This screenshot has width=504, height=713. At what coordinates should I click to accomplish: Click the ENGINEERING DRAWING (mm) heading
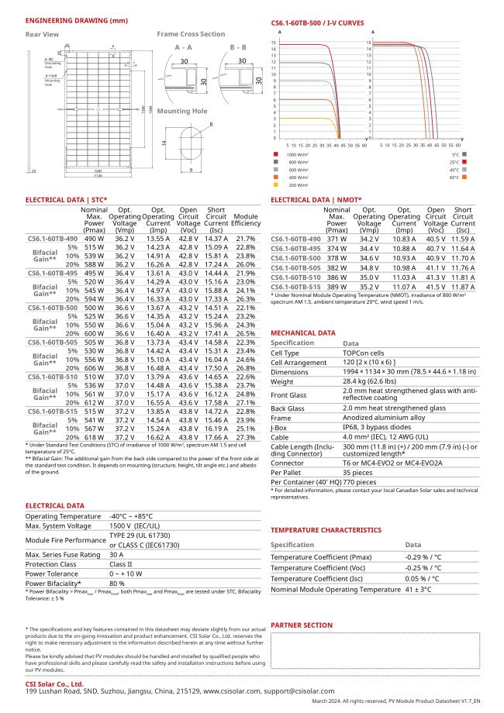click(x=66, y=19)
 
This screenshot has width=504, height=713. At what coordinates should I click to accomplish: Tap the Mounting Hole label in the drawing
click(x=182, y=111)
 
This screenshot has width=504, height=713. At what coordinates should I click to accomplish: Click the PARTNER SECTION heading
click(x=302, y=625)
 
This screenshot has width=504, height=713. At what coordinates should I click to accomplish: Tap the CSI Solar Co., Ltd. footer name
click(x=54, y=684)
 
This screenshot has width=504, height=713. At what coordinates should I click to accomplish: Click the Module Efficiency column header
click(x=246, y=220)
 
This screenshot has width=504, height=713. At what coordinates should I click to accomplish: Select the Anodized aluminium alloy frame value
click(x=386, y=416)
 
